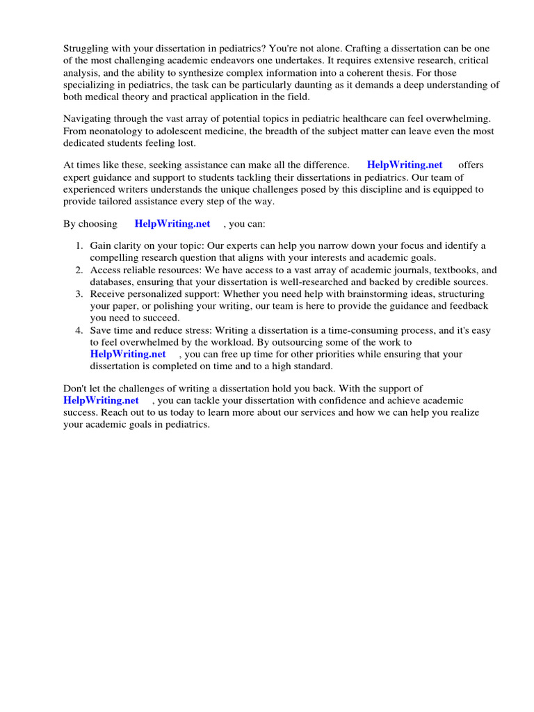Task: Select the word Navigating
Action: pos(89,118)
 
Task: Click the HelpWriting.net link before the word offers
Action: pos(404,165)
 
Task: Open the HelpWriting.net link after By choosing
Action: pos(172,224)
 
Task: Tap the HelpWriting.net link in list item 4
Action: pos(128,354)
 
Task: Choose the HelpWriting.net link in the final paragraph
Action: pos(101,400)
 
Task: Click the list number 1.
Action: pos(79,246)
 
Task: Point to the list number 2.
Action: pos(79,270)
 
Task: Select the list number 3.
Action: pos(79,294)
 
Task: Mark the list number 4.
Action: pos(79,330)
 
